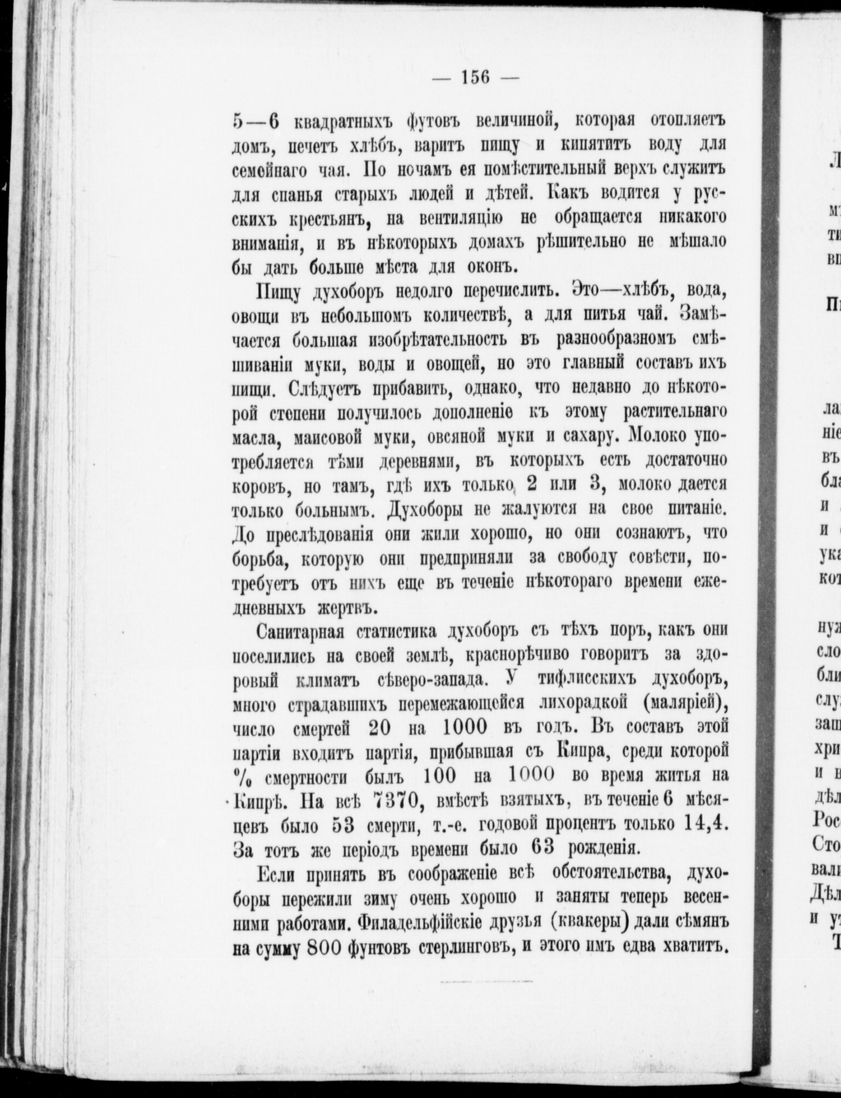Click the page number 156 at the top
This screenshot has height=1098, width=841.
pos(476,77)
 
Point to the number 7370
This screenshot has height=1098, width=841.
pos(396,801)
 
